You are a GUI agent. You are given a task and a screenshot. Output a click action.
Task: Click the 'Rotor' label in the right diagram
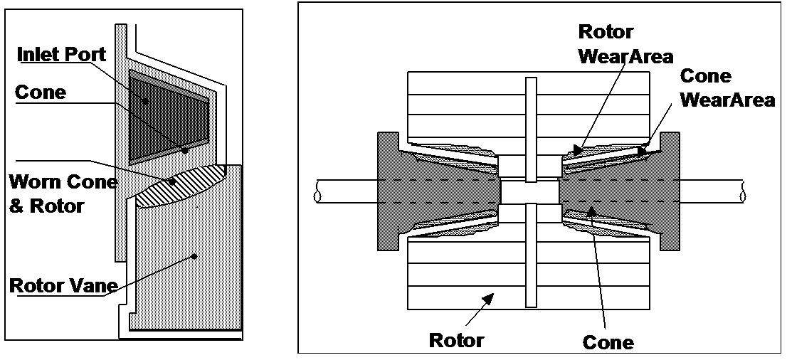(x=456, y=339)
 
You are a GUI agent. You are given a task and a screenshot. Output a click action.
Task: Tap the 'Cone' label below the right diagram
(x=607, y=342)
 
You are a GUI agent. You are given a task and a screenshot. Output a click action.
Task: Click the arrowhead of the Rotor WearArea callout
(x=577, y=149)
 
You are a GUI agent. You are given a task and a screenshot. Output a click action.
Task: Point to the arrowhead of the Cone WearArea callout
(x=643, y=150)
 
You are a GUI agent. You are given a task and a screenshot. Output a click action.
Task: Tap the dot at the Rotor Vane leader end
(x=194, y=256)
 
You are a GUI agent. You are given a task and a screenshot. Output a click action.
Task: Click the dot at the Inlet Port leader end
(x=145, y=102)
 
